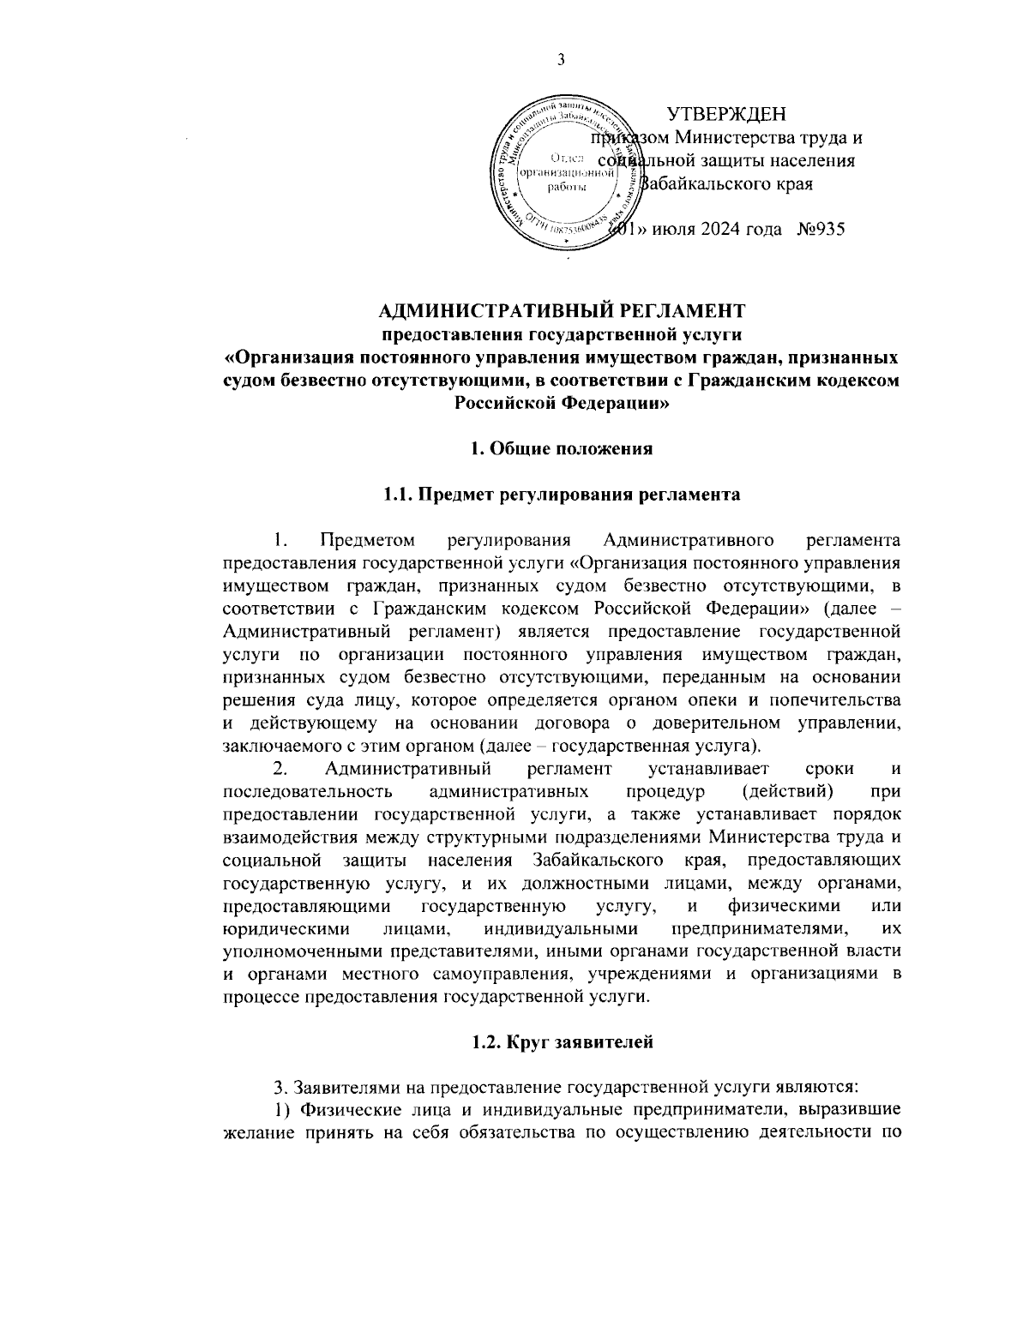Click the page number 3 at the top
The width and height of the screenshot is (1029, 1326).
(x=561, y=59)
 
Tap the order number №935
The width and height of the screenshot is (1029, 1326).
(x=821, y=230)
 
